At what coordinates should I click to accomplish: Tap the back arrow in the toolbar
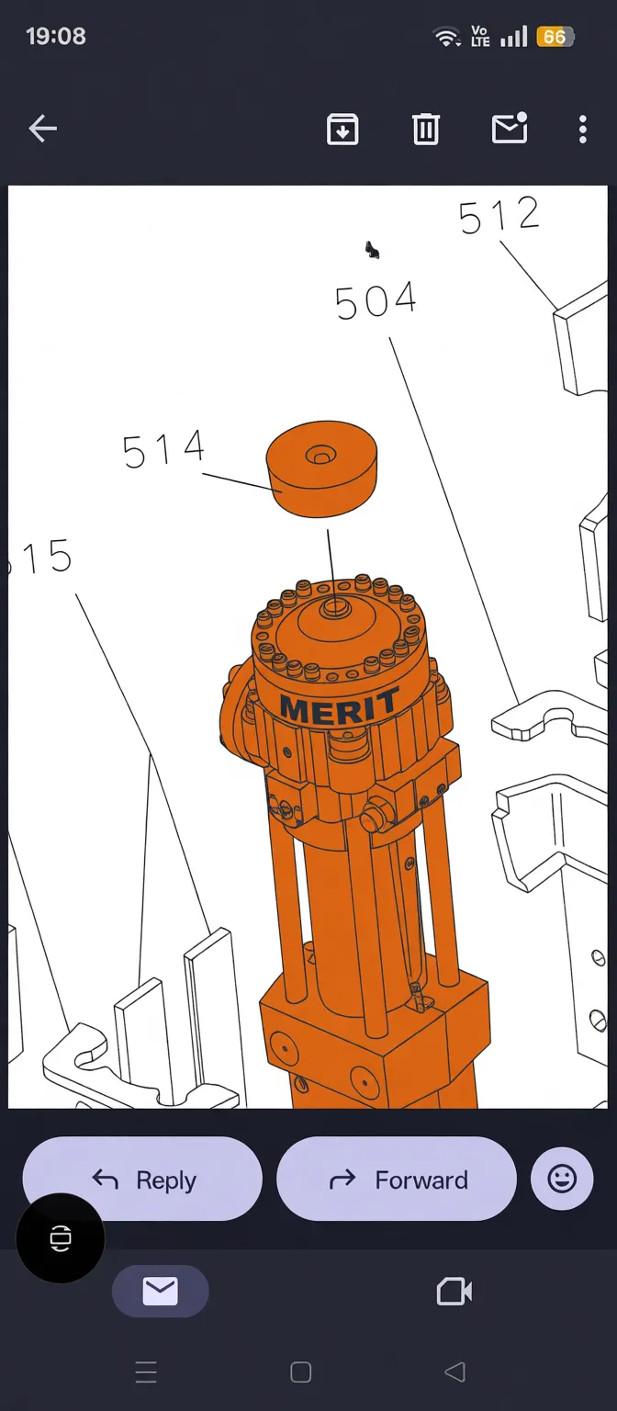[42, 130]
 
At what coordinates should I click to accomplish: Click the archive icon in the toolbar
[342, 130]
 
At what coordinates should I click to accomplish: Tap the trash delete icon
[425, 130]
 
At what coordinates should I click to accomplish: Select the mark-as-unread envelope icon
[510, 130]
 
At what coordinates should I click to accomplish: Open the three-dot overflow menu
[582, 130]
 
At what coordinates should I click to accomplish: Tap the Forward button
[396, 1180]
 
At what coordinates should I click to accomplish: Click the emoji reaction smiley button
[562, 1179]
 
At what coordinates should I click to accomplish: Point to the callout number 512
[499, 216]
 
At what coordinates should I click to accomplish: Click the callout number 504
[376, 301]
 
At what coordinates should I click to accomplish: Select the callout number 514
[163, 450]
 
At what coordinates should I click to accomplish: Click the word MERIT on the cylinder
[339, 706]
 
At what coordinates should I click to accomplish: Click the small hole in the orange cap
[320, 456]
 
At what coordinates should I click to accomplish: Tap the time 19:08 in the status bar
[56, 37]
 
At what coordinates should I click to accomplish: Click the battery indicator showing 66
[555, 37]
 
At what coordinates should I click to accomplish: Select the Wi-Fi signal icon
[447, 38]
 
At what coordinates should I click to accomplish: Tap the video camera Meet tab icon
[454, 1292]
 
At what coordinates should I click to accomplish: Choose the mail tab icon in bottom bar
[160, 1292]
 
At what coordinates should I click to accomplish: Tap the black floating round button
[61, 1237]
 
